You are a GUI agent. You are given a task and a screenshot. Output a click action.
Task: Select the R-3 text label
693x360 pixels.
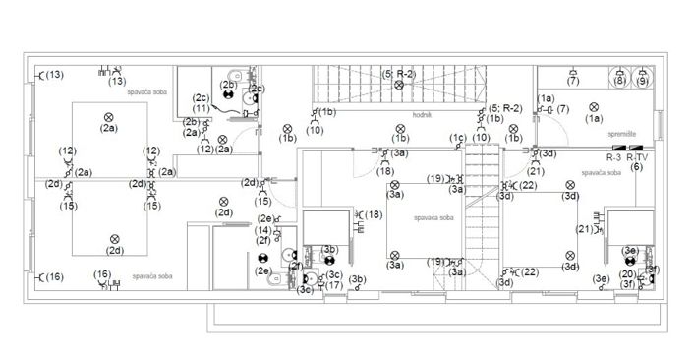(614, 157)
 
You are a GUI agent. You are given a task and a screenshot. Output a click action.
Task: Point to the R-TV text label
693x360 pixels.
(637, 157)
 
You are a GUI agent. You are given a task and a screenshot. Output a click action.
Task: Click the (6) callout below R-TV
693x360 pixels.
(637, 167)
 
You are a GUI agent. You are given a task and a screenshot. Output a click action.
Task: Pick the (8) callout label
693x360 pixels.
(619, 81)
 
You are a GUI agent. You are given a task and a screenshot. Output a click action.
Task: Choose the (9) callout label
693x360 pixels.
(642, 81)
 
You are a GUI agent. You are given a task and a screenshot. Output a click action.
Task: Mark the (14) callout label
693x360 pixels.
(263, 230)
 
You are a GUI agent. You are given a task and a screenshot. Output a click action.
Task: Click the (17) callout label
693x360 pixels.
(334, 286)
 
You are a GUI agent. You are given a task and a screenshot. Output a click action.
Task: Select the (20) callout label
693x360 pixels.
(627, 273)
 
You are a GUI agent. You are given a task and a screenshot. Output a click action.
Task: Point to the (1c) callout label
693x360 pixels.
(457, 138)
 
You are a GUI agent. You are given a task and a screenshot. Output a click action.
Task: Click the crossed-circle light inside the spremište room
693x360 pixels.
(594, 106)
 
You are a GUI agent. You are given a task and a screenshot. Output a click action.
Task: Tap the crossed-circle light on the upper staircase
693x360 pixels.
(399, 86)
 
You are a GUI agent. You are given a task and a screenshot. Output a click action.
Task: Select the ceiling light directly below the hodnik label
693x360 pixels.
(400, 127)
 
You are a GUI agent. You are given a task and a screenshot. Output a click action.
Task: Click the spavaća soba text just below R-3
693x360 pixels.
(601, 172)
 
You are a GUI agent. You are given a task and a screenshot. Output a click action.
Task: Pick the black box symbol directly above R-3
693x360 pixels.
(616, 149)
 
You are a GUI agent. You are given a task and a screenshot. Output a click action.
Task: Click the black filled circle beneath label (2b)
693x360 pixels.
(229, 97)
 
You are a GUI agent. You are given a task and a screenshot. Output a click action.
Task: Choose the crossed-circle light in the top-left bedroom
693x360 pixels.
(108, 117)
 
